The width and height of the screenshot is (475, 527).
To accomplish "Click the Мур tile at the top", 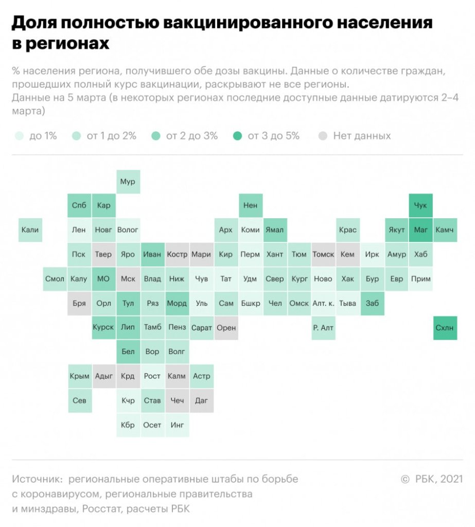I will point(128,182).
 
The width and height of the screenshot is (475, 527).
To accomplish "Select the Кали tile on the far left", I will point(30,230).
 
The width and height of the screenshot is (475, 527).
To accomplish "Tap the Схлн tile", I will point(445,328).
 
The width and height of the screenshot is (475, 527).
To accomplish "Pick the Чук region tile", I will point(420,205).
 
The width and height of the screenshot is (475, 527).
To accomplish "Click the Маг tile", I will point(420,230).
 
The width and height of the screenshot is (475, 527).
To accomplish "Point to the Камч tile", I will point(445,230).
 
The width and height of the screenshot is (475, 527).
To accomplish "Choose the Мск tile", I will point(128,279).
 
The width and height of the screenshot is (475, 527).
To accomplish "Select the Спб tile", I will point(79,205).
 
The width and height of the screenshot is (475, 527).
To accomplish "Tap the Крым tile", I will point(79,376).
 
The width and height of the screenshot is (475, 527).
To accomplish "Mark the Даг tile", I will point(201,400).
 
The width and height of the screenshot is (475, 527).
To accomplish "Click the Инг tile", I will point(177,425).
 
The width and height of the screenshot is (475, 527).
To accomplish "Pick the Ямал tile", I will point(274,230).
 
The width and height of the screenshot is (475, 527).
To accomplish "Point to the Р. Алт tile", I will point(323,328).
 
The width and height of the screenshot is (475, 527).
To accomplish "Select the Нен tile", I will point(250,205).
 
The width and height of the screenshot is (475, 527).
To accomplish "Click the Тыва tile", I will point(348,303).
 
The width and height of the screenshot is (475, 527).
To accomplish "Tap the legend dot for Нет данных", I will point(323,136).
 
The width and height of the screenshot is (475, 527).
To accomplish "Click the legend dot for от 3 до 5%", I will point(237,136).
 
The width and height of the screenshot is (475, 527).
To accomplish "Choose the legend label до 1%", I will point(43,136).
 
